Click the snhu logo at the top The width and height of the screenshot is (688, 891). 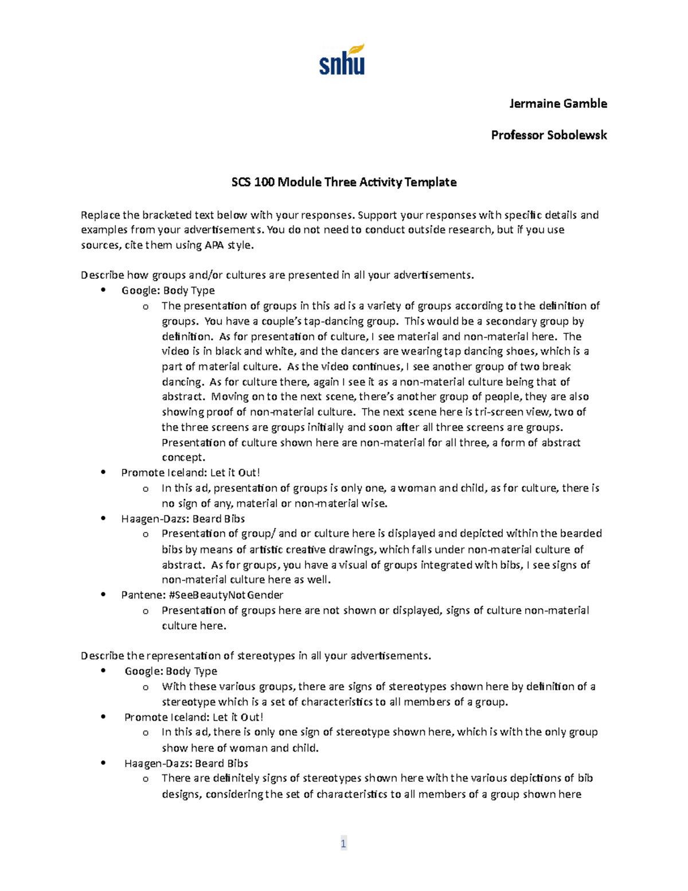342,60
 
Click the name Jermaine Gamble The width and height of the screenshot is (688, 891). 558,104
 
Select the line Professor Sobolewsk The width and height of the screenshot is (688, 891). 549,135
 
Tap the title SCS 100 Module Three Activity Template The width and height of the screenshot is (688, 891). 343,182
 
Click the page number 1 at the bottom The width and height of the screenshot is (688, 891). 343,843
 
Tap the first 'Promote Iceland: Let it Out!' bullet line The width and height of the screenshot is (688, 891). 190,473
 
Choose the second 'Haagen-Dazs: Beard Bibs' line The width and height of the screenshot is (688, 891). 186,764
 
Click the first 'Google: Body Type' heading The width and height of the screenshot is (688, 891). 168,290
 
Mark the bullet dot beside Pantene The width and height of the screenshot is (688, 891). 103,595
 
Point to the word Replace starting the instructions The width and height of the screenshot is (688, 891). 100,215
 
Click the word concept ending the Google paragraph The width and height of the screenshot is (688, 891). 182,457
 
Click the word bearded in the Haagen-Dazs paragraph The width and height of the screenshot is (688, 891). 581,534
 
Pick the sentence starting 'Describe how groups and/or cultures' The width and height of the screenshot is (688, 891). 277,275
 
